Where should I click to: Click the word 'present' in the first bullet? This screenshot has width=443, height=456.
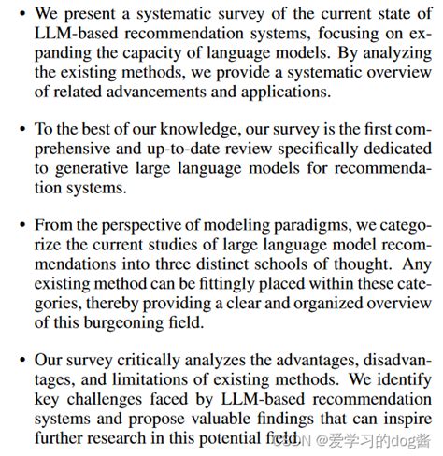(x=86, y=15)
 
